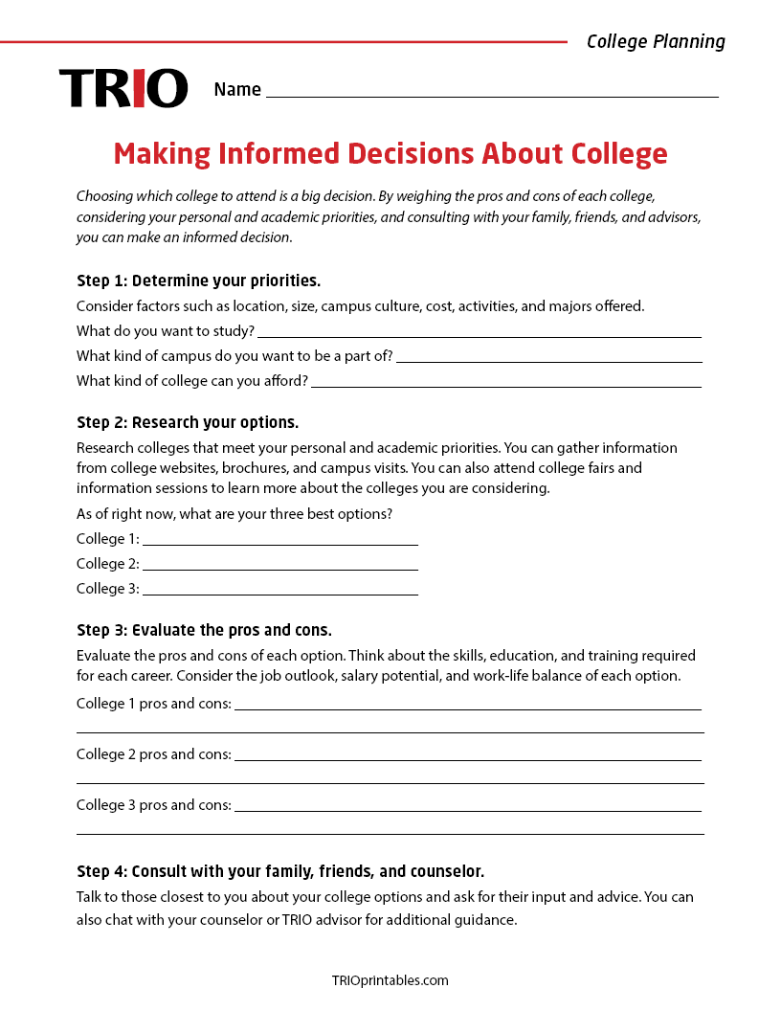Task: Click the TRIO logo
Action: coord(123,88)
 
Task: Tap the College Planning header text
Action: coord(656,41)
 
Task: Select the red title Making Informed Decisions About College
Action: coord(390,154)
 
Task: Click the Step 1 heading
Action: coord(198,281)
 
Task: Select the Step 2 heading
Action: coord(188,422)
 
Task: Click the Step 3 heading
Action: coord(204,630)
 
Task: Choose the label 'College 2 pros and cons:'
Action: coord(154,754)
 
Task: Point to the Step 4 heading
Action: coord(280,871)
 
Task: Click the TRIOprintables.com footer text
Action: coord(390,980)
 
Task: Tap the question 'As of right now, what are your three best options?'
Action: coord(234,514)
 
